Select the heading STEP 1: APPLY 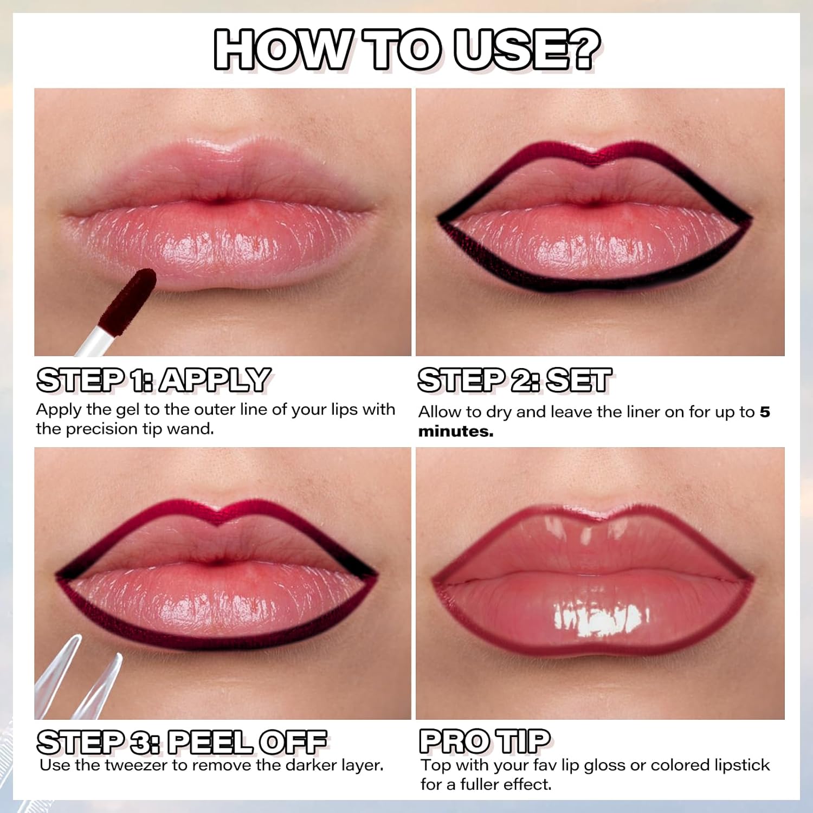[x=153, y=380]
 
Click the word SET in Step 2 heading [x=579, y=380]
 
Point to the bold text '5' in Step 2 [x=764, y=412]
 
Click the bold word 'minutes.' [x=456, y=431]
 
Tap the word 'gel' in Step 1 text [x=128, y=410]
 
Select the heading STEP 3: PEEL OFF [x=182, y=742]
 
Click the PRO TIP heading [x=485, y=741]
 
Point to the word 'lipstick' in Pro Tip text [x=742, y=765]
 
